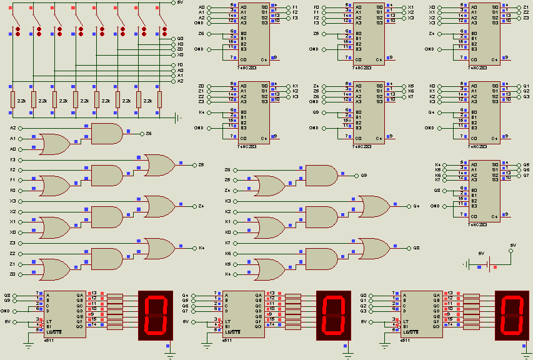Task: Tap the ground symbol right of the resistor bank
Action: tap(179, 117)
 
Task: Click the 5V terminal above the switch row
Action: tap(173, 2)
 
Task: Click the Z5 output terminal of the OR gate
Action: tap(194, 165)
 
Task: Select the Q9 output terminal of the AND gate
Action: tap(356, 175)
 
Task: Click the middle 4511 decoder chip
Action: tap(241, 315)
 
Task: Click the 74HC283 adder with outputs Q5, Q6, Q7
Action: tap(485, 191)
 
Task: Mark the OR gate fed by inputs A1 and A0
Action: tap(55, 144)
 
